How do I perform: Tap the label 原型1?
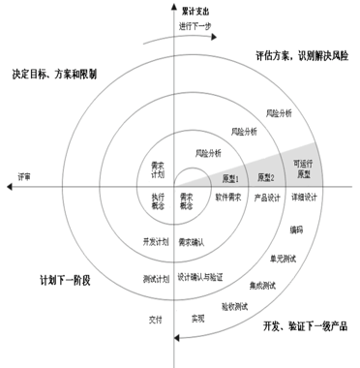click(x=230, y=179)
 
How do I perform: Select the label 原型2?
click(x=266, y=178)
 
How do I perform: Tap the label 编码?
click(x=294, y=230)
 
